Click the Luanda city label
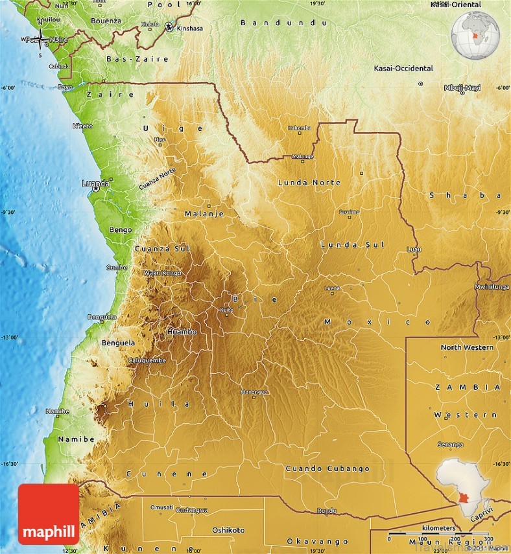point(95,183)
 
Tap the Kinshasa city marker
point(169,27)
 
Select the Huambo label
point(181,331)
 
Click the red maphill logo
point(49,514)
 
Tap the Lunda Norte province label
point(309,183)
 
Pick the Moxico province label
point(377,321)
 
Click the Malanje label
point(204,213)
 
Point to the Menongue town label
point(254,392)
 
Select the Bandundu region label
point(283,23)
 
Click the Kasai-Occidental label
point(403,68)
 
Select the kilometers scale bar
point(438,534)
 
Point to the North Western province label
point(467,347)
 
